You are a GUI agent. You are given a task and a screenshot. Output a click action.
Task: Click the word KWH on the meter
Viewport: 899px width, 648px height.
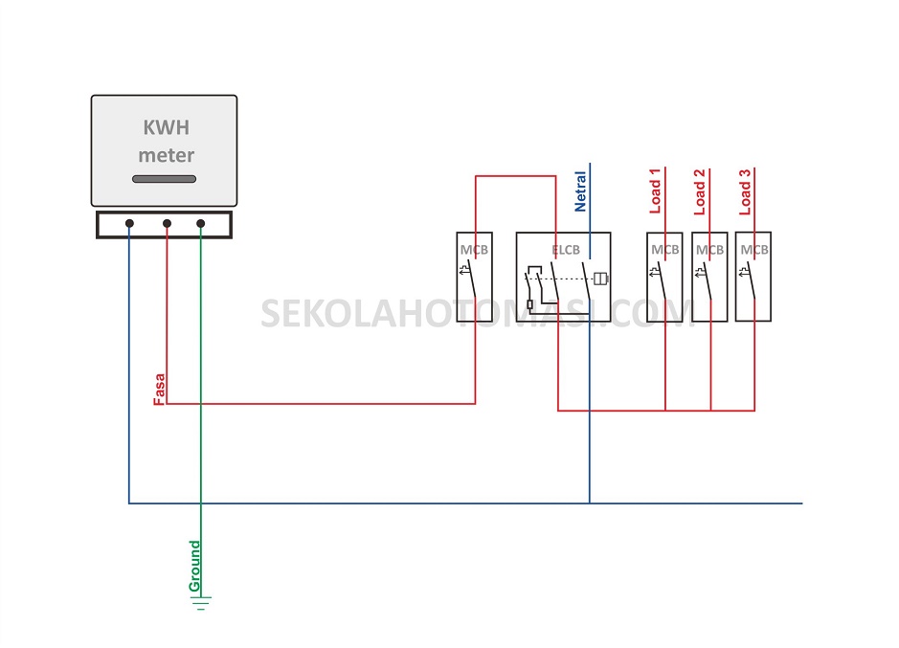point(166,127)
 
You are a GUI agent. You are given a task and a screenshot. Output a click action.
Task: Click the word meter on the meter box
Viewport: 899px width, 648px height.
point(166,155)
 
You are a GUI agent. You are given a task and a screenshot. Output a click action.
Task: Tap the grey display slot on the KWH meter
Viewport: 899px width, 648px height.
point(164,179)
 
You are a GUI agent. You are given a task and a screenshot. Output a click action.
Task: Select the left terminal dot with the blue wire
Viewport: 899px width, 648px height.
point(129,224)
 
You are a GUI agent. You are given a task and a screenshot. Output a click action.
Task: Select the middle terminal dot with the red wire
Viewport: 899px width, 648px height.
point(167,224)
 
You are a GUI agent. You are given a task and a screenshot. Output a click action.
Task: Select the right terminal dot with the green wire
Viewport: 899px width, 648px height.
point(201,224)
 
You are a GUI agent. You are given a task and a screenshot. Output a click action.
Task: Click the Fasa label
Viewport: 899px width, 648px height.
point(159,388)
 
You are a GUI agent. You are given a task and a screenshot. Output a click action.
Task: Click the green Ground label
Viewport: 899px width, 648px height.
point(194,566)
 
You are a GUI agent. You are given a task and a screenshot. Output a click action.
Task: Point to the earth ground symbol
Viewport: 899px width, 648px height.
point(201,602)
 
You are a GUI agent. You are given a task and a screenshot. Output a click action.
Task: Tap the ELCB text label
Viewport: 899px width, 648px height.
point(566,250)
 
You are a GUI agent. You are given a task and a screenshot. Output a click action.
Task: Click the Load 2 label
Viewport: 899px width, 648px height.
point(700,191)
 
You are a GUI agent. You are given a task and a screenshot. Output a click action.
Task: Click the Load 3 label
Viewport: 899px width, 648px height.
point(745,191)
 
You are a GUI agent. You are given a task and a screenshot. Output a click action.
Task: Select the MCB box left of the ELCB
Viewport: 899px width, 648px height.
point(475,276)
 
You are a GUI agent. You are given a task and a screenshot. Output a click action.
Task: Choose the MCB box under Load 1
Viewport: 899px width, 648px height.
point(665,276)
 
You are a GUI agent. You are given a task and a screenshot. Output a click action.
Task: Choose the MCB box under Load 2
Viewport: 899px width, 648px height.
point(709,276)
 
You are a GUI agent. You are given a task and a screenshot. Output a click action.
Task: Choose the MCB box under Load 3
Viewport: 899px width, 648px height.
point(753,276)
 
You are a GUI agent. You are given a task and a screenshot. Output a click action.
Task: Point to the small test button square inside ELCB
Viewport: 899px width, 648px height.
point(529,304)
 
